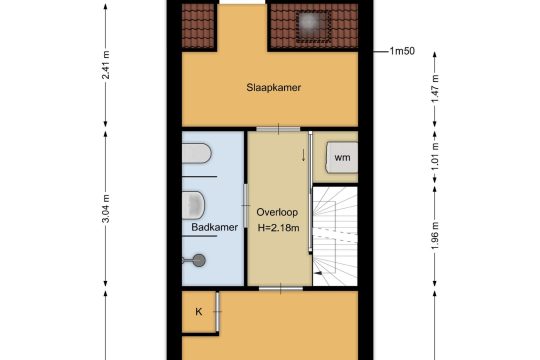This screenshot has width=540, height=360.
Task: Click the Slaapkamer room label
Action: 273,88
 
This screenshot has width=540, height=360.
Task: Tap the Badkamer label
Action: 215,227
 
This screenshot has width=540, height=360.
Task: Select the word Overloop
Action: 277,212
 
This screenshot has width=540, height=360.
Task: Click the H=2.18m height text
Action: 279,228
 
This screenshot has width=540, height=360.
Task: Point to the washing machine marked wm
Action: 342,157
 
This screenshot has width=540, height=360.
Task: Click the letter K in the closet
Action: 199,312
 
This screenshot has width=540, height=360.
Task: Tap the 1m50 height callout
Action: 402,51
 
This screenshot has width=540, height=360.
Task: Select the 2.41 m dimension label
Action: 106,65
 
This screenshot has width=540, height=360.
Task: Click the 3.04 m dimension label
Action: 106,209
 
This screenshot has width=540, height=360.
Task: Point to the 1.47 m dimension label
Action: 435,88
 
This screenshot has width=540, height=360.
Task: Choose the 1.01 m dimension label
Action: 435,156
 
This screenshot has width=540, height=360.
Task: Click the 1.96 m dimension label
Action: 435,237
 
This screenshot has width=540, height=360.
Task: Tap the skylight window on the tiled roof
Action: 313,27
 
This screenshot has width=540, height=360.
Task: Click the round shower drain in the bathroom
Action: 199,260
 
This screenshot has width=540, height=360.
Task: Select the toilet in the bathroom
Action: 193,205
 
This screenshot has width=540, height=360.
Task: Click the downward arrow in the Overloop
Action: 303,155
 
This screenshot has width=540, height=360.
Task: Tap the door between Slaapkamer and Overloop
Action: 278,129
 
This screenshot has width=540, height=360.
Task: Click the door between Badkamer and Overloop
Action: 246,206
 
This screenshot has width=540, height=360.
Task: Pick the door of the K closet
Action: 218,312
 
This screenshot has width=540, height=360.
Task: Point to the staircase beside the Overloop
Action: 335,236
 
